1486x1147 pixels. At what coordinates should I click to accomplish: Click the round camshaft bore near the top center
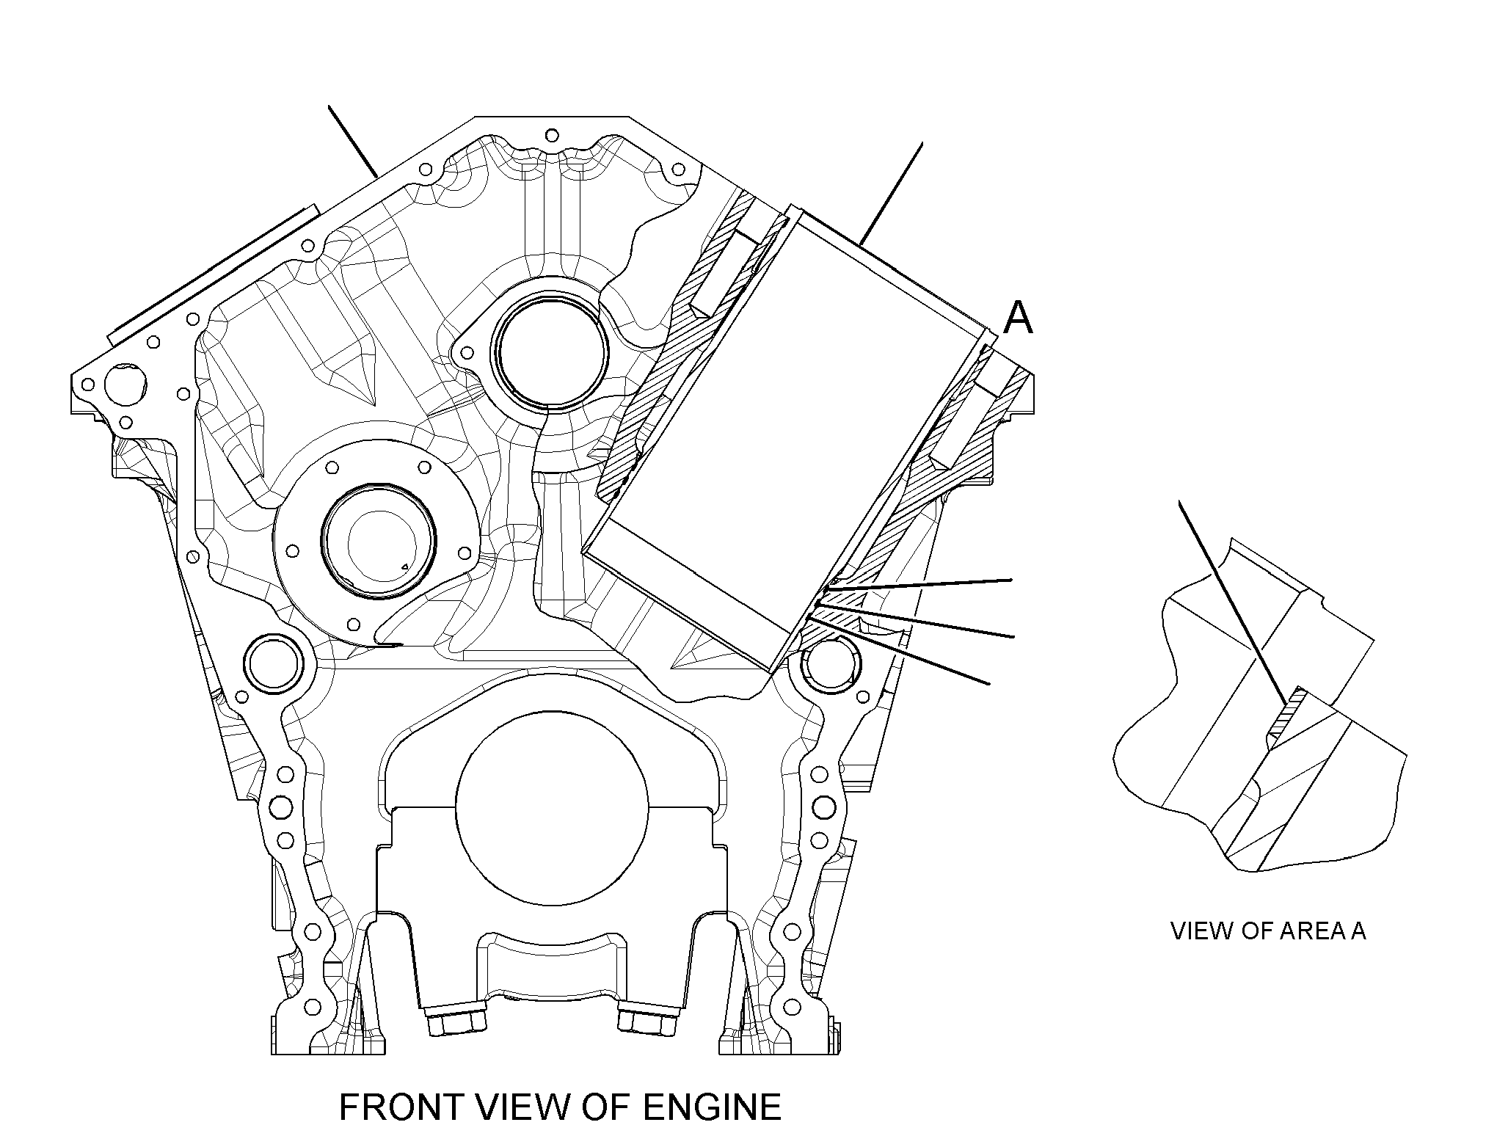pyautogui.click(x=551, y=352)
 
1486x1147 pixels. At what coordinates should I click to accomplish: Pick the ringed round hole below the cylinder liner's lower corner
pyautogui.click(x=830, y=663)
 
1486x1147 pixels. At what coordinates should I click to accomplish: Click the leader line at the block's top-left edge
pyautogui.click(x=353, y=142)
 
